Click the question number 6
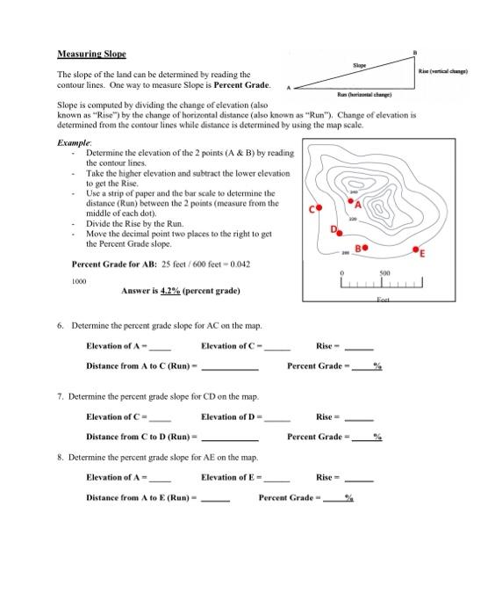coord(60,324)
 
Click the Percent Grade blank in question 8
coord(334,498)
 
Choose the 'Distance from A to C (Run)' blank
coord(229,365)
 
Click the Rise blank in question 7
coord(358,417)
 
